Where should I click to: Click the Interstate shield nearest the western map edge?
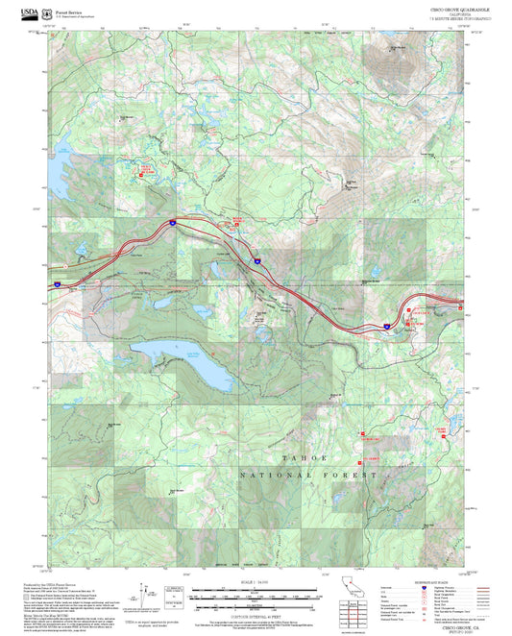[57, 284]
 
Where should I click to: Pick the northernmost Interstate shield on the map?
[171, 222]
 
